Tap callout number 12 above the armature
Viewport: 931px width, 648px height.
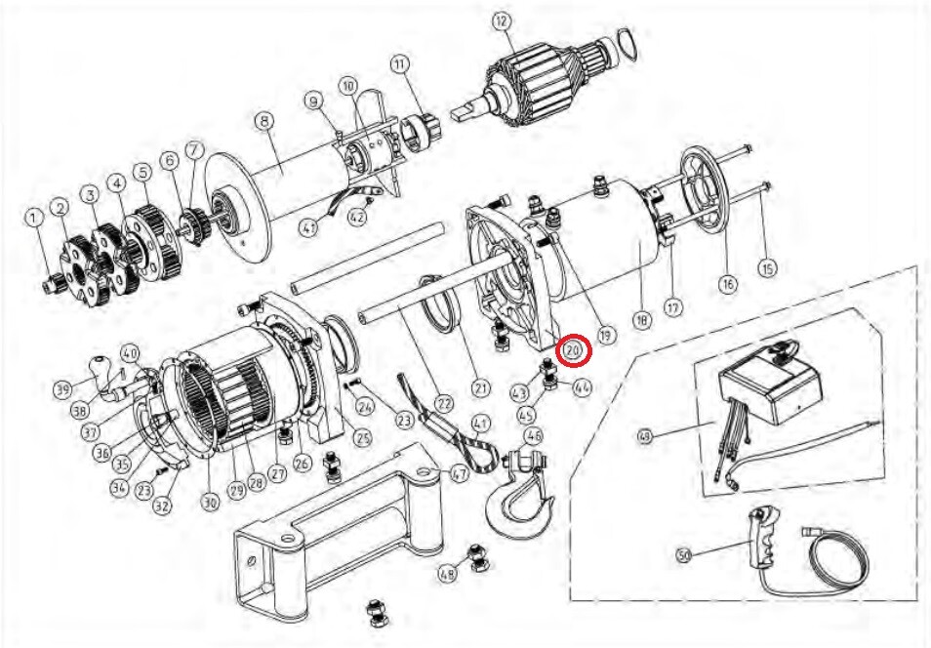[501, 20]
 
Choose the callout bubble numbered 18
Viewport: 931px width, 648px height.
[641, 320]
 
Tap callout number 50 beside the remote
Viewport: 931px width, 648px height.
[684, 555]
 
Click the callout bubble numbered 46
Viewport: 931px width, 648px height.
[533, 434]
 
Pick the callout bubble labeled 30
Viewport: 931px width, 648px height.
[210, 503]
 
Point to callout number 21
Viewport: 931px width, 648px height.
[479, 387]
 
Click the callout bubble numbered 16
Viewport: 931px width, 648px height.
[727, 284]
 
